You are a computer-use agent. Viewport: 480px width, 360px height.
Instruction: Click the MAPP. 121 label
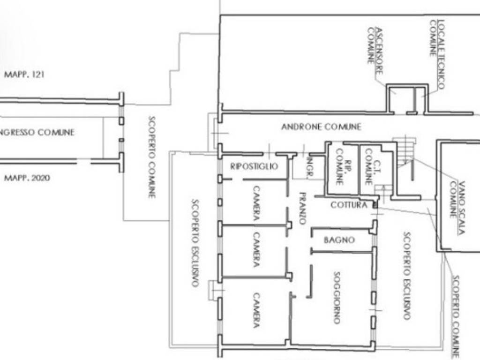click(24, 75)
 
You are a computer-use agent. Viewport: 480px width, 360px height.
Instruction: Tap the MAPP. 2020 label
click(27, 178)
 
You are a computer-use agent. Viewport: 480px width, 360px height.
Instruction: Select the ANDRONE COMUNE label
click(321, 127)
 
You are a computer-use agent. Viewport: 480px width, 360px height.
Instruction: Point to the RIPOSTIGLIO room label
click(254, 166)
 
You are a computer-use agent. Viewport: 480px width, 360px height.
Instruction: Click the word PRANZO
click(302, 208)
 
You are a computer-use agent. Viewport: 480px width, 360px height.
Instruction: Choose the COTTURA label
click(349, 205)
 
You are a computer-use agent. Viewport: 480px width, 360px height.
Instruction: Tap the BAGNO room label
click(339, 240)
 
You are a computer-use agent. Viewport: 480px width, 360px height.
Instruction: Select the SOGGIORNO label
click(337, 298)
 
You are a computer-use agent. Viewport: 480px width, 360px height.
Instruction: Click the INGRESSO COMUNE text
click(37, 133)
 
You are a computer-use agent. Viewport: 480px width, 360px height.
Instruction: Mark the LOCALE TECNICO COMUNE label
click(437, 54)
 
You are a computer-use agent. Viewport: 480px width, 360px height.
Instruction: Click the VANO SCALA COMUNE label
click(457, 208)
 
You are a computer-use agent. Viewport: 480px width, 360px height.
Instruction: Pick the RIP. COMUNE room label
click(344, 167)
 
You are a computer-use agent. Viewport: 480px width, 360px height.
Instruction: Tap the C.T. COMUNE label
click(373, 167)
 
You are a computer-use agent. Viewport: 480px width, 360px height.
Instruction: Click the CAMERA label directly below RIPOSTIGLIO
click(256, 203)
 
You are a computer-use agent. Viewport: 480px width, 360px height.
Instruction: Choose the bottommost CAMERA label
click(256, 310)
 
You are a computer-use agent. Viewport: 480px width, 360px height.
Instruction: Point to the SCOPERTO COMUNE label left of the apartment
click(151, 157)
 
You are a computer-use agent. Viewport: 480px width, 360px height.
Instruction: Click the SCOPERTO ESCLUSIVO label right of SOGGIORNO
click(406, 276)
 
